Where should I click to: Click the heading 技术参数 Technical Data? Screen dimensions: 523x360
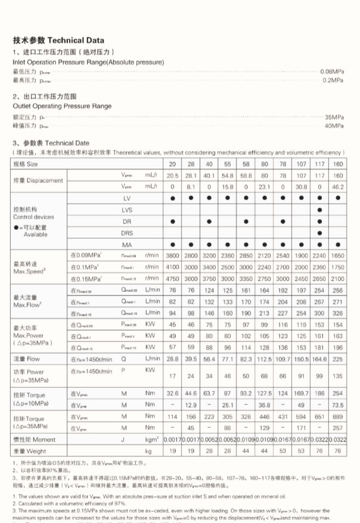point(58,41)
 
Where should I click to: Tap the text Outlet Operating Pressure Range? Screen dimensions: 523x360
point(62,106)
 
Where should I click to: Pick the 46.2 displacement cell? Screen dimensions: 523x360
point(337,186)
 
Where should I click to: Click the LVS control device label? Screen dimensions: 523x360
point(127,209)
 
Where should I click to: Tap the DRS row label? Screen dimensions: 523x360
point(127,232)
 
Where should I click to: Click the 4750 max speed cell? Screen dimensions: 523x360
point(172,278)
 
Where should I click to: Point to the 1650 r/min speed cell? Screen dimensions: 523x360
point(337,256)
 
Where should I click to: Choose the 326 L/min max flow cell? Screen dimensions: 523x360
point(337,312)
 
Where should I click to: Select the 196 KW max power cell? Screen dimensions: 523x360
point(337,347)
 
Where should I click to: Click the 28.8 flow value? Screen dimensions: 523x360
point(172,359)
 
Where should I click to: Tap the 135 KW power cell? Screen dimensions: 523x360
point(337,376)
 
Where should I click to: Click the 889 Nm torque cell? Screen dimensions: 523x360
point(337,416)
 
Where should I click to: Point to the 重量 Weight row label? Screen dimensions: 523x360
point(29,452)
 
